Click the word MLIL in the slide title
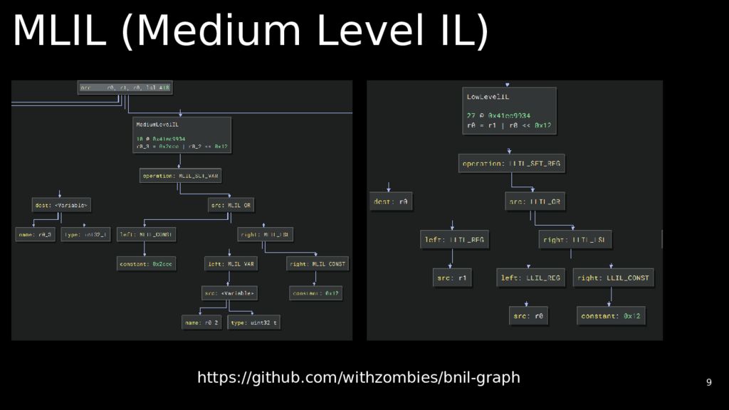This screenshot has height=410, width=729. [58, 32]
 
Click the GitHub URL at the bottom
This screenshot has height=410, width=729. [358, 377]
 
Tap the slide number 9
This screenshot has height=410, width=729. [708, 382]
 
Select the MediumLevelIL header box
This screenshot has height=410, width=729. [182, 135]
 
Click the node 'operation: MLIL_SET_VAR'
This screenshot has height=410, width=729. [179, 176]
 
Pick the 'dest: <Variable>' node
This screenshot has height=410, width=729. [61, 206]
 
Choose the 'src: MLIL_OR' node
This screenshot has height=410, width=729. [231, 206]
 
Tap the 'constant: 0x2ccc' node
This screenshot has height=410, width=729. [146, 264]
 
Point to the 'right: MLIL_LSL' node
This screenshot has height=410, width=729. [265, 234]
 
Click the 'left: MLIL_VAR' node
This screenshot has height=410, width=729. [231, 264]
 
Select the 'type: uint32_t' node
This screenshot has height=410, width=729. [253, 322]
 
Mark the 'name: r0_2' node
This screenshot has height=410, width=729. [201, 322]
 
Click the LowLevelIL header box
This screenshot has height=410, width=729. [509, 110]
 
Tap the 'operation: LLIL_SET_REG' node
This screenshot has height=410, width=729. [511, 164]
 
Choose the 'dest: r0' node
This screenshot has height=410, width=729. [390, 202]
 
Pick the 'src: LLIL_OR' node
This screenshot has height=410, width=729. [535, 202]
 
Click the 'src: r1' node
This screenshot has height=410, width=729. [452, 278]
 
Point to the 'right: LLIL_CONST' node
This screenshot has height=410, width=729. [613, 278]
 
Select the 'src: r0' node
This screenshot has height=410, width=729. [528, 316]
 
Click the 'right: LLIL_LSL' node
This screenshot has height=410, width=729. [575, 240]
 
